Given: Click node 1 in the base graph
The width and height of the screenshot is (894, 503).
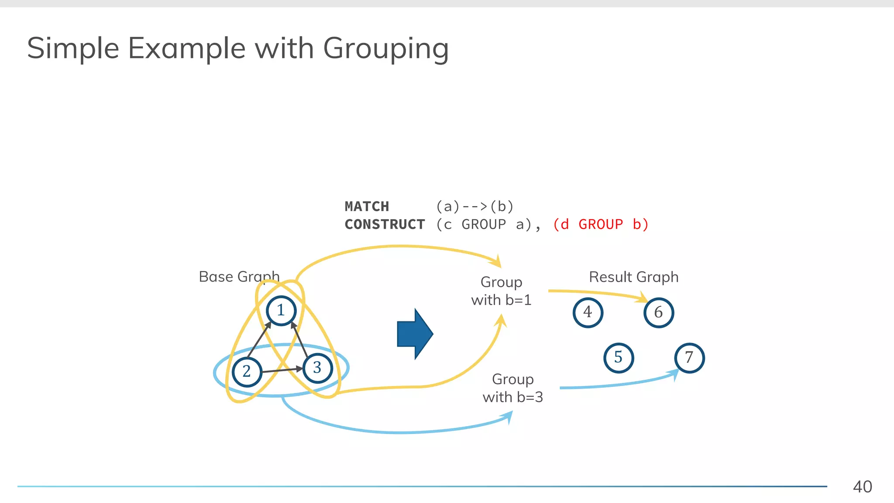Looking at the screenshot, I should [281, 310].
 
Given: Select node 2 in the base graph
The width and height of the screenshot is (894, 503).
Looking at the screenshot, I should [247, 372].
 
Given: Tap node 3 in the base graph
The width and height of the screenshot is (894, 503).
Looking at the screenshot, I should [317, 368].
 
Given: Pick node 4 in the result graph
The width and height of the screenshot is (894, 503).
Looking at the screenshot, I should [588, 313].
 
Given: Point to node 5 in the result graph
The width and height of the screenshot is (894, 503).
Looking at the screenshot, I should [619, 358].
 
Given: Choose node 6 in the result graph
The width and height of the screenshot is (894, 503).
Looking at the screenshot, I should [659, 313].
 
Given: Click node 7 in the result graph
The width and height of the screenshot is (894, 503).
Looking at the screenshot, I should [689, 358].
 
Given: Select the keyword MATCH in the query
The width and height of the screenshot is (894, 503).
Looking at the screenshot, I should [367, 207].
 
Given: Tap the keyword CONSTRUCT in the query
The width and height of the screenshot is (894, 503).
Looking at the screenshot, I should [385, 224].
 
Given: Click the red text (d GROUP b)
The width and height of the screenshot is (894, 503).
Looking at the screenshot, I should [601, 224].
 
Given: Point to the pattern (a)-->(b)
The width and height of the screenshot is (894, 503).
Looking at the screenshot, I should [475, 207].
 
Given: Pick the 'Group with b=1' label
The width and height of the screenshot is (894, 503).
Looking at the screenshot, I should [501, 291].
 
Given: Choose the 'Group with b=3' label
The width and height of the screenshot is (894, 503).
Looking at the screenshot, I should [512, 388].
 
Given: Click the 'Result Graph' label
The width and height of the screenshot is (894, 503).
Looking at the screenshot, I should [634, 277].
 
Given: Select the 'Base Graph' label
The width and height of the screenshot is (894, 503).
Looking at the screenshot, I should [239, 277].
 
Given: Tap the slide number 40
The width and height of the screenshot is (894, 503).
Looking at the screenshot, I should [863, 487].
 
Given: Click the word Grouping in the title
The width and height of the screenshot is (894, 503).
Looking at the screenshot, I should [386, 48].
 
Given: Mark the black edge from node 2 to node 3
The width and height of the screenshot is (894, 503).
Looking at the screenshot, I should [282, 370].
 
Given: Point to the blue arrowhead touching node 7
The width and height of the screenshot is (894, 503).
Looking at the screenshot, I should [674, 374].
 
